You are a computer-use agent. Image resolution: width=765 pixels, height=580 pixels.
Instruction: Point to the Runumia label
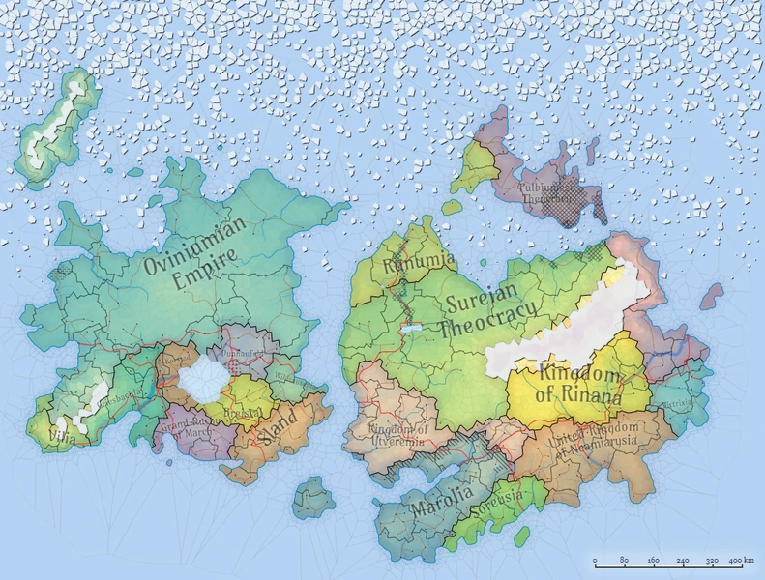405,263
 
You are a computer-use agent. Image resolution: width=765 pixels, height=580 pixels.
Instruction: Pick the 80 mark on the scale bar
625,561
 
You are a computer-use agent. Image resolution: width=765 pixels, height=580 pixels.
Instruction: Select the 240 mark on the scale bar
683,561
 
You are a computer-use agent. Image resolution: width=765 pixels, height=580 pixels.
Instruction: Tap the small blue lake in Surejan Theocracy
411,331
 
